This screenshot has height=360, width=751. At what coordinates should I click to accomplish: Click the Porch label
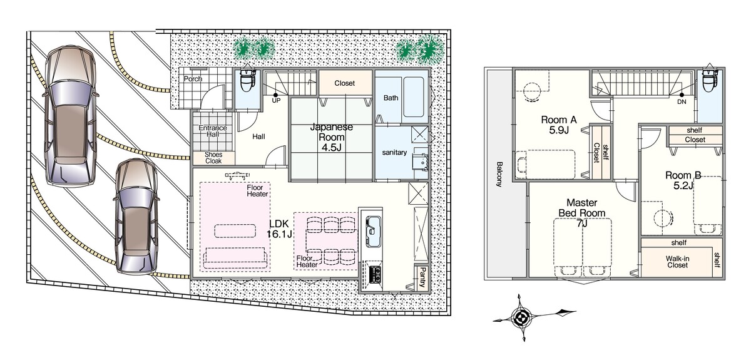pyautogui.click(x=193, y=79)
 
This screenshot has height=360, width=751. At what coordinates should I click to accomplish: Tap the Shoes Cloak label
pyautogui.click(x=213, y=158)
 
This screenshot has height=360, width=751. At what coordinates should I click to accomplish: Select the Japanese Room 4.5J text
pyautogui.click(x=332, y=137)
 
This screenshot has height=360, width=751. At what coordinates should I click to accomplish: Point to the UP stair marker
pyautogui.click(x=276, y=100)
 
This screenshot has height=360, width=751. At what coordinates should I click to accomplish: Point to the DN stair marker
pyautogui.click(x=682, y=101)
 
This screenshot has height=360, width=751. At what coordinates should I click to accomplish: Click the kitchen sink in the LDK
pyautogui.click(x=372, y=231)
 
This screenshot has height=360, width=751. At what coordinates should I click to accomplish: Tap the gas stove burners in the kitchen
pyautogui.click(x=375, y=274)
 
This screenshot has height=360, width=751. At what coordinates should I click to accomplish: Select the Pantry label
pyautogui.click(x=423, y=277)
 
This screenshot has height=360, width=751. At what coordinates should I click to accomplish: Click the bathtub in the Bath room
pyautogui.click(x=414, y=97)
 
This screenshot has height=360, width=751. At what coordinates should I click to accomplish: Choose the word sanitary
pyautogui.click(x=394, y=152)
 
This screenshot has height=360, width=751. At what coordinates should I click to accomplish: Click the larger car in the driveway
pyautogui.click(x=70, y=116)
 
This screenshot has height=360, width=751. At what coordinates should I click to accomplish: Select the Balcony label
pyautogui.click(x=499, y=174)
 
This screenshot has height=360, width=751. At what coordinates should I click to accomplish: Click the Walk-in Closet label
pyautogui.click(x=678, y=262)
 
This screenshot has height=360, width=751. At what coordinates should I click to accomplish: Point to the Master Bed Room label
pyautogui.click(x=582, y=208)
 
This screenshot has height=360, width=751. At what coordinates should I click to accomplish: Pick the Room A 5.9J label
pyautogui.click(x=559, y=125)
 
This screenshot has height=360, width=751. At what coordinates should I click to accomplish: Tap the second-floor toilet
pyautogui.click(x=710, y=81)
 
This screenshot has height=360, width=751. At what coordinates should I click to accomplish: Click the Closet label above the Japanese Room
pyautogui.click(x=345, y=83)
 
